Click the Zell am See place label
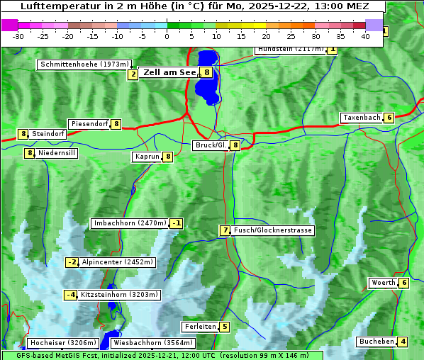click(170, 72)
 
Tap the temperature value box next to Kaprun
click(168, 157)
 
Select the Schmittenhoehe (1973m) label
click(85, 64)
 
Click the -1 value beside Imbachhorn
click(176, 224)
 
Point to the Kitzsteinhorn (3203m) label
click(119, 295)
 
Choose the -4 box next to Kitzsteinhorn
click(70, 295)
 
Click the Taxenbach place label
click(362, 118)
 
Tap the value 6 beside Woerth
click(403, 283)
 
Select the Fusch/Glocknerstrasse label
click(273, 230)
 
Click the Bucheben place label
click(376, 342)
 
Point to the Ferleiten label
click(199, 327)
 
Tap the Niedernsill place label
click(56, 152)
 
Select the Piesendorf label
click(89, 124)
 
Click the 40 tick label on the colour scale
click(365, 36)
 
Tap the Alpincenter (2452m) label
click(117, 262)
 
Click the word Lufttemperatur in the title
click(62, 6)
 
